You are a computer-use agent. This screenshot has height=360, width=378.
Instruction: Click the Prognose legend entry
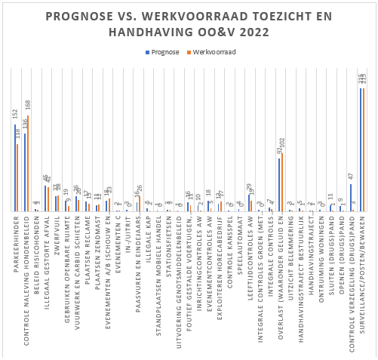point(165,52)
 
